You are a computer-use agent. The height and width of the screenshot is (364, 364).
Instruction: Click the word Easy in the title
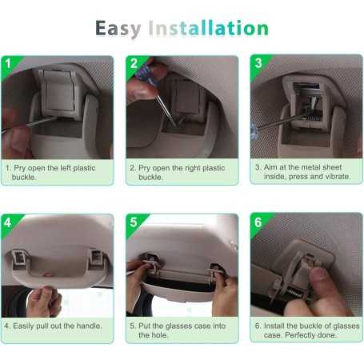pyautogui.click(x=118, y=29)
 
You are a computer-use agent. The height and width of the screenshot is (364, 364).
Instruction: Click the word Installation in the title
pyautogui.click(x=208, y=28)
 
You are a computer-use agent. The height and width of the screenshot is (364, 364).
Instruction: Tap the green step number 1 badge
pyautogui.click(x=10, y=66)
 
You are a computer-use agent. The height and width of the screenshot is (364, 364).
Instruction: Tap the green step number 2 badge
pyautogui.click(x=135, y=66)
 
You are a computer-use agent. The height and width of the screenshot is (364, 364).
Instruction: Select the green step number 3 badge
pyautogui.click(x=259, y=65)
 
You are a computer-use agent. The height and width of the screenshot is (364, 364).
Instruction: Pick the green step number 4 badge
pyautogui.click(x=10, y=224)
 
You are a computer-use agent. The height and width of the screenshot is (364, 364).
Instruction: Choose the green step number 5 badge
pyautogui.click(x=135, y=224)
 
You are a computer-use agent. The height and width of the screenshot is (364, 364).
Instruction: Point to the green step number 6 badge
pyautogui.click(x=259, y=223)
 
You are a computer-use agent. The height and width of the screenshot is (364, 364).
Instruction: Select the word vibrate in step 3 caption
pyautogui.click(x=338, y=177)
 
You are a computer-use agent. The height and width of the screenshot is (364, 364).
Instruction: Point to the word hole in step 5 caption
pyautogui.click(x=161, y=335)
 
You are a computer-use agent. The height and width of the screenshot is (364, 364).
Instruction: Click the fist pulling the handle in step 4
pyautogui.click(x=45, y=302)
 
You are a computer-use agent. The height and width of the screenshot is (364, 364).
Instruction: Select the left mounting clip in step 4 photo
pyautogui.click(x=18, y=258)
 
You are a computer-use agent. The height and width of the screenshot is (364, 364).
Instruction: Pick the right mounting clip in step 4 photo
pyautogui.click(x=95, y=258)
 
